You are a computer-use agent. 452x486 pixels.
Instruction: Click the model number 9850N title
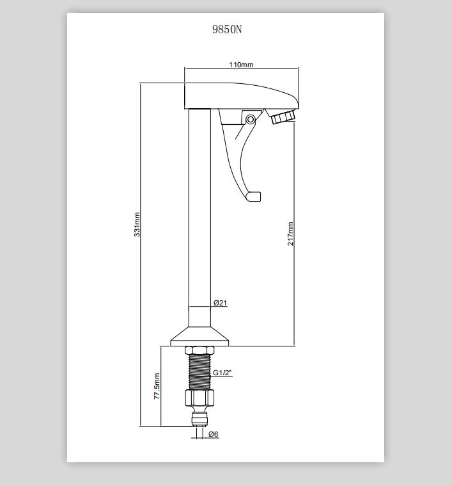coord(227,29)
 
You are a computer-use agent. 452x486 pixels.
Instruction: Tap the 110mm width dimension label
coord(241,65)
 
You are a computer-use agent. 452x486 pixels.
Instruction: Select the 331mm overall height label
coord(137,224)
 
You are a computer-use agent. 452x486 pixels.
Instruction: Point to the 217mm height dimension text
coord(290,234)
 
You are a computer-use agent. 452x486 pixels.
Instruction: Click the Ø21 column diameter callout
coord(221,303)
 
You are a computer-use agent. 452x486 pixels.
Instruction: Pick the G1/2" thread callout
coord(222,373)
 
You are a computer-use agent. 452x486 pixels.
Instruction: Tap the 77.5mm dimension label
coord(157,386)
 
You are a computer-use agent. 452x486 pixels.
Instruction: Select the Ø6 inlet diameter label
coord(214,434)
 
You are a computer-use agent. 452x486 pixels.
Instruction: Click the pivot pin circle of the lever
coord(251,119)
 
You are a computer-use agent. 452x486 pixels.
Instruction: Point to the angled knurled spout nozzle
coord(283,117)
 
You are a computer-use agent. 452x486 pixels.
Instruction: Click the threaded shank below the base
coord(199,372)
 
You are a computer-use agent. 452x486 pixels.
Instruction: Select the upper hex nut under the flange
coord(199,350)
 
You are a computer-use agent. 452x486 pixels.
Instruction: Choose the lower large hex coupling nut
coord(199,398)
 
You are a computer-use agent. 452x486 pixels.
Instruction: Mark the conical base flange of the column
coord(200,337)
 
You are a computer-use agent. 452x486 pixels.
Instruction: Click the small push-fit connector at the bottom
coord(198,418)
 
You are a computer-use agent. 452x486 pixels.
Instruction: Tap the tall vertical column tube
coord(200,218)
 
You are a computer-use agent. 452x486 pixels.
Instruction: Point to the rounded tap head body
coord(241,96)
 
